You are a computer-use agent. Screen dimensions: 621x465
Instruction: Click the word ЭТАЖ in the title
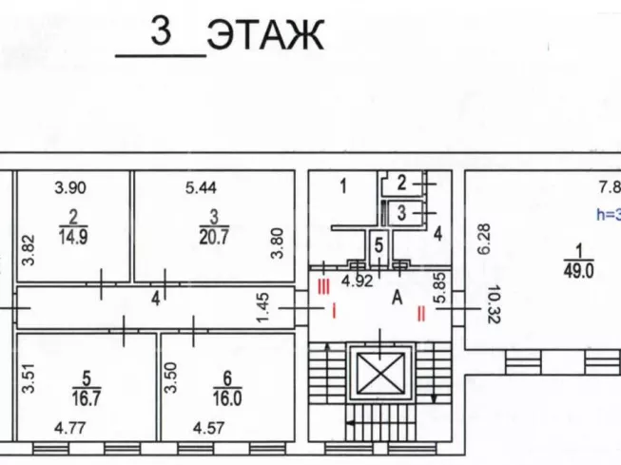[x=265, y=35]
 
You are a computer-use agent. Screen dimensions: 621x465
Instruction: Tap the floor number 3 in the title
[x=161, y=30]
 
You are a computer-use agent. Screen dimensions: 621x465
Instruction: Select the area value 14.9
[x=73, y=237]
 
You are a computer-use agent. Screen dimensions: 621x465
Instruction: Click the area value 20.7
[x=214, y=237]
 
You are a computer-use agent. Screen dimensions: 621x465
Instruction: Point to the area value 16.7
[x=87, y=398]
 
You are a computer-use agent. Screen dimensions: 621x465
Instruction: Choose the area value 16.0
[x=227, y=398]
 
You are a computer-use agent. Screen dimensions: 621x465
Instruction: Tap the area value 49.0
[x=578, y=271]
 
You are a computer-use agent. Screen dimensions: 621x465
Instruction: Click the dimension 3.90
[x=70, y=187]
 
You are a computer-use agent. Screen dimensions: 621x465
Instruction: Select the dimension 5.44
[x=201, y=187]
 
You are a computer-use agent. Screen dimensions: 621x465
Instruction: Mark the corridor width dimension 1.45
[x=263, y=307]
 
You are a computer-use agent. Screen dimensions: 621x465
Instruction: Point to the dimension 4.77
[x=70, y=428]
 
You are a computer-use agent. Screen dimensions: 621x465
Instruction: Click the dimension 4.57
[x=208, y=428]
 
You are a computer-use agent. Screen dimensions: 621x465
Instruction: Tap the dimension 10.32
[x=495, y=304]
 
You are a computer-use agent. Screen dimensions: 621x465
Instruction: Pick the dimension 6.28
[x=484, y=239]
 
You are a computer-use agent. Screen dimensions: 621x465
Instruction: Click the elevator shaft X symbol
[x=380, y=373]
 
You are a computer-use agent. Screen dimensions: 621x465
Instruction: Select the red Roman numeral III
[x=323, y=287]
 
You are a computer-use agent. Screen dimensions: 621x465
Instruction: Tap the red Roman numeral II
[x=421, y=314]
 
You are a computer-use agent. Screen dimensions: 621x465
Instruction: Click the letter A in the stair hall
[x=397, y=298]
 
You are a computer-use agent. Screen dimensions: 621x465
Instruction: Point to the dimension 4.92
[x=358, y=281]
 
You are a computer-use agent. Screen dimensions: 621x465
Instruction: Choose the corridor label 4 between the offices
[x=156, y=299]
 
